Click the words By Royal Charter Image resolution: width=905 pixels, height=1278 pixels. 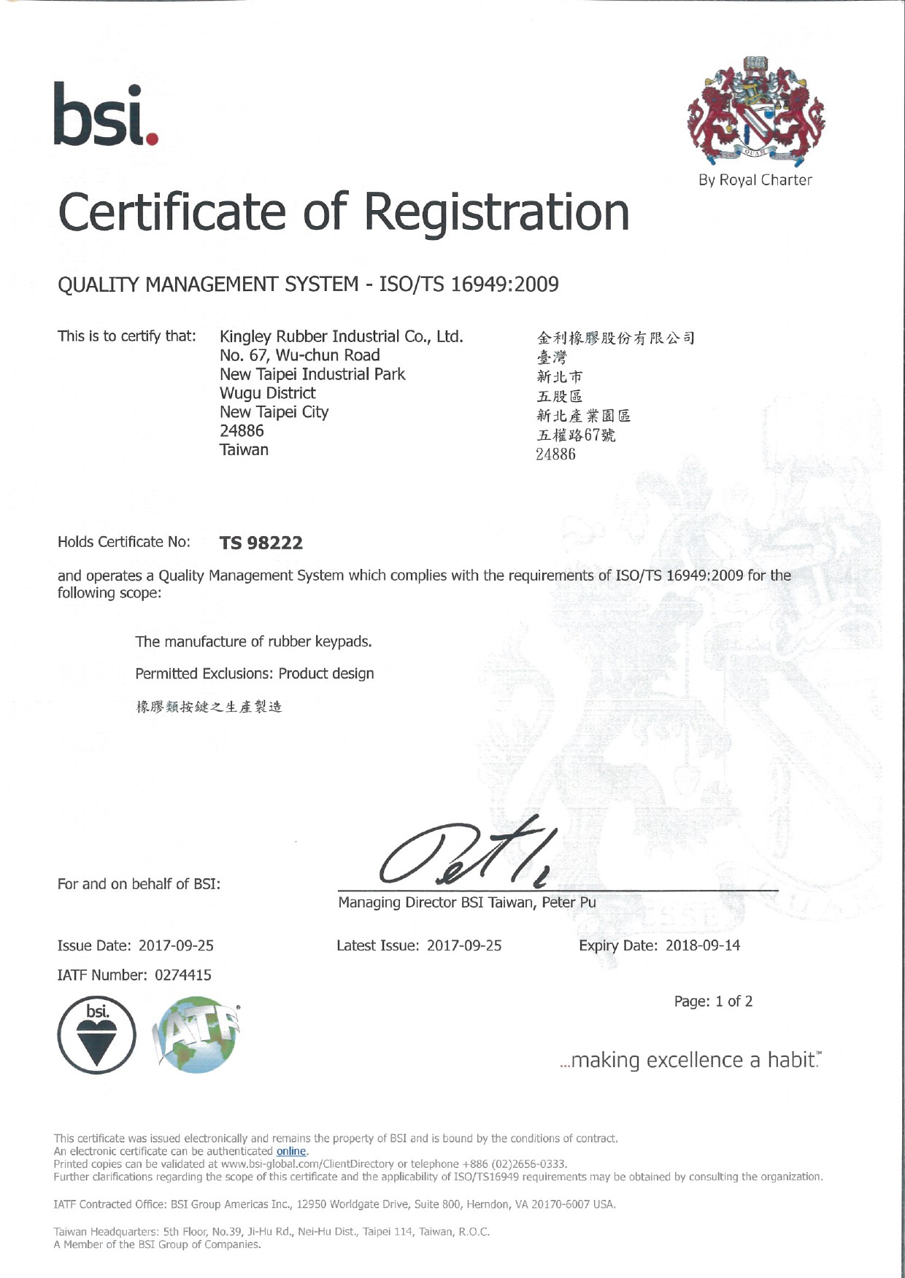click(x=755, y=180)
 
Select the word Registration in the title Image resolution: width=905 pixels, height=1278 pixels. click(x=496, y=212)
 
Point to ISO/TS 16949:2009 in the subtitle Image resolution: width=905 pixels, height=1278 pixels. click(x=469, y=284)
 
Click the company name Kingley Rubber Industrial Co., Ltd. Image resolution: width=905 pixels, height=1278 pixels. click(x=341, y=336)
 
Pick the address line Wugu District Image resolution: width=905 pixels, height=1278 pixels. click(x=267, y=393)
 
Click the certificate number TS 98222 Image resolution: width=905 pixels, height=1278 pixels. click(x=261, y=543)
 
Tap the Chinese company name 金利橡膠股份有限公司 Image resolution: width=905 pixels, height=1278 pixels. click(x=615, y=338)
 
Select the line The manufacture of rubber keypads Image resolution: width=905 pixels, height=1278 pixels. click(x=253, y=642)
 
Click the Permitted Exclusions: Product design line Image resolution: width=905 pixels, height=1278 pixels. click(x=254, y=673)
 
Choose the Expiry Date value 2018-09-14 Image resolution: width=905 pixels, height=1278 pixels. click(x=702, y=945)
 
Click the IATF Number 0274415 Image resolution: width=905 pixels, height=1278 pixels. click(x=182, y=975)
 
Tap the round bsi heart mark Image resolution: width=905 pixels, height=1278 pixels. click(x=96, y=1035)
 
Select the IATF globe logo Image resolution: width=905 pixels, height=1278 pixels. click(x=197, y=1037)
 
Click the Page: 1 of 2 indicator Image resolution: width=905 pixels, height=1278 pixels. click(x=713, y=1002)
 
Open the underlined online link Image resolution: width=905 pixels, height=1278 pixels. click(x=291, y=1151)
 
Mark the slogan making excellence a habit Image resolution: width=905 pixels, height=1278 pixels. click(x=690, y=1060)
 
